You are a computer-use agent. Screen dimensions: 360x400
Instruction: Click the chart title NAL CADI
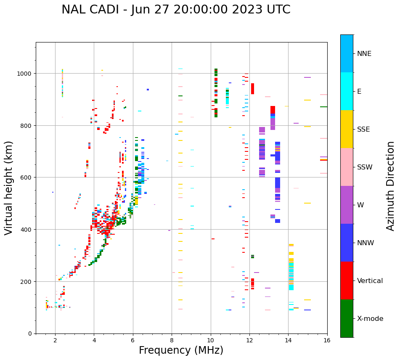tap(176, 10)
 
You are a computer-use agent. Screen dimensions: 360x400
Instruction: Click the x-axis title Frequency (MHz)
tap(181, 351)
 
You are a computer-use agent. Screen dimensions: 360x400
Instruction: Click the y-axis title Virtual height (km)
tap(9, 188)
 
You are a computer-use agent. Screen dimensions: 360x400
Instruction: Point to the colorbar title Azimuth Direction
tap(391, 185)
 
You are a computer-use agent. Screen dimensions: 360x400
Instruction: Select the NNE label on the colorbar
tap(364, 54)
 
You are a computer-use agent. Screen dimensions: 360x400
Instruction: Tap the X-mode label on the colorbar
tap(370, 319)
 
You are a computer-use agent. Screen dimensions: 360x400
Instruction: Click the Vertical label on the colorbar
tap(370, 281)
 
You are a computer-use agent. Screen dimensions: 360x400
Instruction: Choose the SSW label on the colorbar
tap(365, 167)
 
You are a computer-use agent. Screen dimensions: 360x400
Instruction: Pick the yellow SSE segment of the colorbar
tap(347, 129)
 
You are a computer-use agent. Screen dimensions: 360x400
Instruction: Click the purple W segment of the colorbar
tap(347, 205)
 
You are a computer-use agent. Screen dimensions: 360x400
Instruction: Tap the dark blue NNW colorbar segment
tap(347, 243)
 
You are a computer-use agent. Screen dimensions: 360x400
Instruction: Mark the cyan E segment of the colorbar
tap(347, 91)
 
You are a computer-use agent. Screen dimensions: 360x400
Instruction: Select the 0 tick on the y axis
tap(29, 334)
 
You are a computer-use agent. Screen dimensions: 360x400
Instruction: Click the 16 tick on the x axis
tap(327, 341)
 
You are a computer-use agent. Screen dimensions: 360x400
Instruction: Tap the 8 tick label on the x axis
tap(172, 341)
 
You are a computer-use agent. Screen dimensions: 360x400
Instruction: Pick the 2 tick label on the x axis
tap(55, 341)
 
